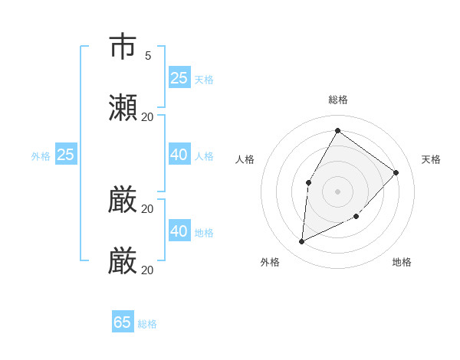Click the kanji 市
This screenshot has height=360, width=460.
click(x=123, y=47)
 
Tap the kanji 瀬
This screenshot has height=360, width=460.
click(x=123, y=108)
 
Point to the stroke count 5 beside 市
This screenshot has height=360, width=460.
click(x=147, y=55)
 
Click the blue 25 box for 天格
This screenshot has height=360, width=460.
click(x=179, y=78)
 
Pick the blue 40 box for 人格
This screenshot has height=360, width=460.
click(x=179, y=155)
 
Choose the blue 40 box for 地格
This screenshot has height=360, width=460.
click(x=179, y=231)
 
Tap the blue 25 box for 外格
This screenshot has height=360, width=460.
click(x=66, y=155)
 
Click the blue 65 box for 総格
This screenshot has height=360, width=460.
click(x=123, y=322)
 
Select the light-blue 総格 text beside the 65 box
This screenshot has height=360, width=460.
click(x=147, y=324)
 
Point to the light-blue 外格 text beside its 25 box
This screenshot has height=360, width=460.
click(x=41, y=156)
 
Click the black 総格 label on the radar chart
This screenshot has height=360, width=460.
click(x=337, y=100)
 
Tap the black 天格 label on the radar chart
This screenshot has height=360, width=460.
click(x=431, y=159)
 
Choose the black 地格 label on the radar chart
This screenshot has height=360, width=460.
click(x=402, y=262)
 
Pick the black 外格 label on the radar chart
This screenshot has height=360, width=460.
click(x=270, y=262)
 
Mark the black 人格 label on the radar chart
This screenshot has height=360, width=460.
click(x=245, y=159)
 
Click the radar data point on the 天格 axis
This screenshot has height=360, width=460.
click(x=396, y=172)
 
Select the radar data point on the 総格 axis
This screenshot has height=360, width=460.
click(x=337, y=130)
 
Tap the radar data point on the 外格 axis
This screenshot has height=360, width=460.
click(x=302, y=241)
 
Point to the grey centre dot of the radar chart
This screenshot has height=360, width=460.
click(x=337, y=191)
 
